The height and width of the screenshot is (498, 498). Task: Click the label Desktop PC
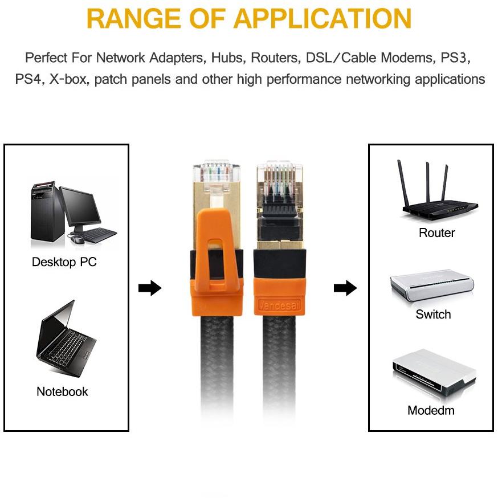[64, 262]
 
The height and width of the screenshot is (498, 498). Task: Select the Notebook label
[62, 391]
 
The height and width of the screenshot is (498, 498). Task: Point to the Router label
[436, 232]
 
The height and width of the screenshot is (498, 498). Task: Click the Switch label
[433, 314]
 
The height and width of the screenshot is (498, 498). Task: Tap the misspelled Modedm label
[431, 410]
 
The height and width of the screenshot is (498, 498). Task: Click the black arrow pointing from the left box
[150, 288]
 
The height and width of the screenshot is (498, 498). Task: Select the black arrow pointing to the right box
[345, 288]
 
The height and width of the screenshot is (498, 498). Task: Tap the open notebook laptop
[65, 340]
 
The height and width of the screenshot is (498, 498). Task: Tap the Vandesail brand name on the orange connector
[279, 305]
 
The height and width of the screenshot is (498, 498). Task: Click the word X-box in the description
[68, 79]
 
